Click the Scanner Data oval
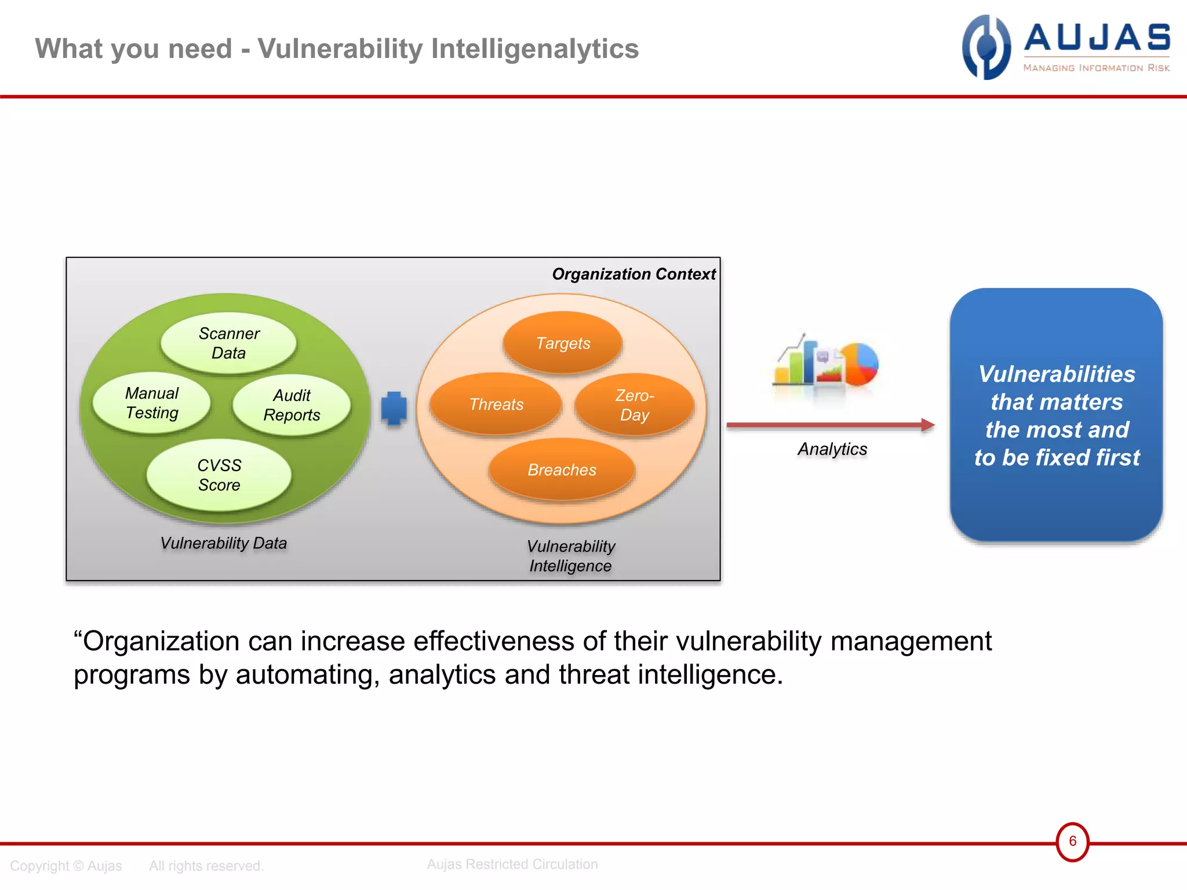[228, 343]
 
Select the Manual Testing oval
[152, 403]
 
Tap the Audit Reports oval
[292, 405]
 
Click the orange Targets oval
[563, 343]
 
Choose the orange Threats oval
[496, 404]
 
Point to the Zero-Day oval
[635, 405]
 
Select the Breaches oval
[562, 469]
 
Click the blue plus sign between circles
[394, 408]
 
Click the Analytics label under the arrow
[832, 449]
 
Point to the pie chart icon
[860, 364]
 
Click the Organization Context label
[633, 274]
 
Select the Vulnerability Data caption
[224, 543]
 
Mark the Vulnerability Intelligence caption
[571, 556]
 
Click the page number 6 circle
[1072, 841]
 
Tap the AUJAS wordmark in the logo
[1097, 38]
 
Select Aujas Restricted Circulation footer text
[512, 864]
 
